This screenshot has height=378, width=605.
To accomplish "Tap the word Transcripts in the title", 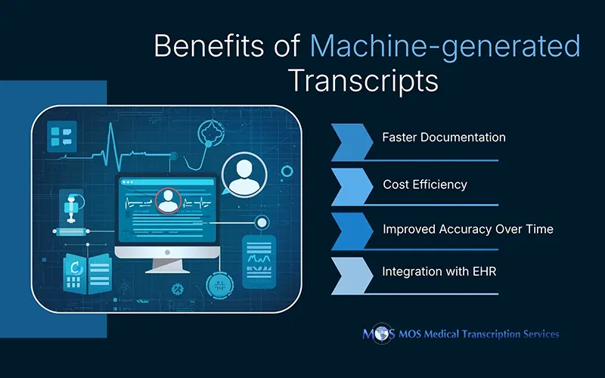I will point(363,79).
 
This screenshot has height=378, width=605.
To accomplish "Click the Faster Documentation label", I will point(443,138).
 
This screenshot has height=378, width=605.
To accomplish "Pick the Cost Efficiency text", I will point(424,184).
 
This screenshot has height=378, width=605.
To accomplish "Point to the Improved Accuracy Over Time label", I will point(467,229).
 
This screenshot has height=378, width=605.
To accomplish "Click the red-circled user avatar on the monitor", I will point(167,201).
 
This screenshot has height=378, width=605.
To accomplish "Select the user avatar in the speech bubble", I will point(244,175).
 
